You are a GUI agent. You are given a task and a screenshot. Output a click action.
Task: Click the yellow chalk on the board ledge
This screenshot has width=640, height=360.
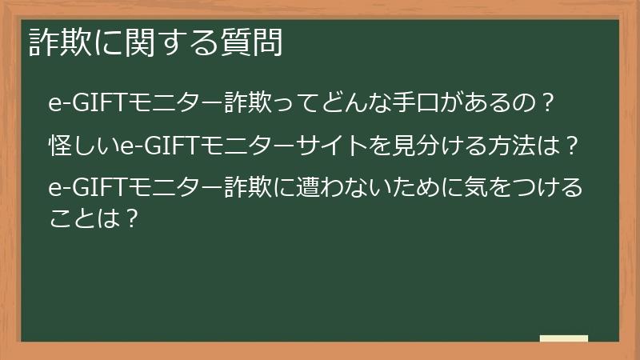tap(563, 338)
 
